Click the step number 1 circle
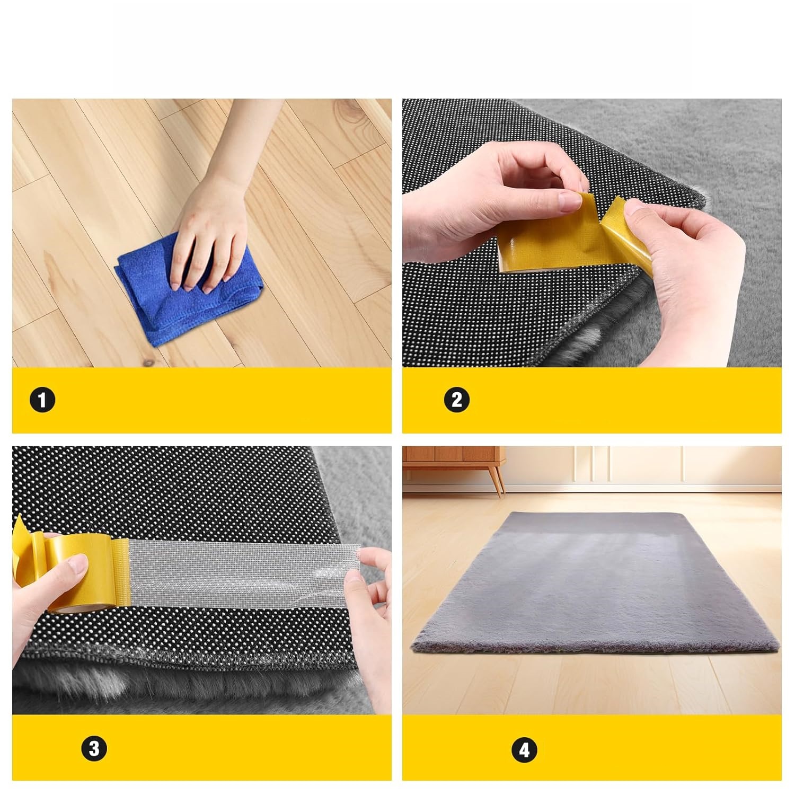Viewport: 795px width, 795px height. (42, 400)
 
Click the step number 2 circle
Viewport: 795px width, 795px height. (456, 399)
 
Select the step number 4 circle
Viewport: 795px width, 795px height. (524, 750)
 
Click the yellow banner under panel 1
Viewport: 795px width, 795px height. (202, 400)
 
